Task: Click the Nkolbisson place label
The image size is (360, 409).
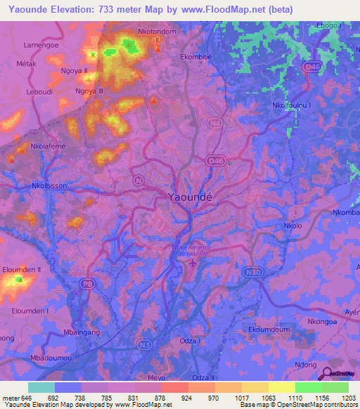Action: (x=49, y=186)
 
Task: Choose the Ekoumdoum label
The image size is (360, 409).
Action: (x=269, y=328)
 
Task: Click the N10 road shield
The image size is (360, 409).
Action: (x=252, y=271)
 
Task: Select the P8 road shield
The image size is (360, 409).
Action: (x=87, y=283)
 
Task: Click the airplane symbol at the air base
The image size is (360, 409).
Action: (x=194, y=264)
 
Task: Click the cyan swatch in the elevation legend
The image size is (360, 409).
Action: (x=41, y=387)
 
